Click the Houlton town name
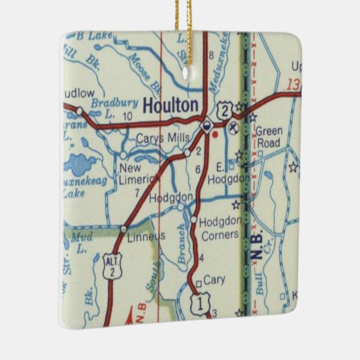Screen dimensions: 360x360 pos(172,105)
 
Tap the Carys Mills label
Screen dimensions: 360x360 pos(160,139)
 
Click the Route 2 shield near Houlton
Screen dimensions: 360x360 pos(223,110)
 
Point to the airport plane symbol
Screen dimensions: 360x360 pos(234,127)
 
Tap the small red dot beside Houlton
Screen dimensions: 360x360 pos(215,134)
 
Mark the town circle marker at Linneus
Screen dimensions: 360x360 pos(123,230)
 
